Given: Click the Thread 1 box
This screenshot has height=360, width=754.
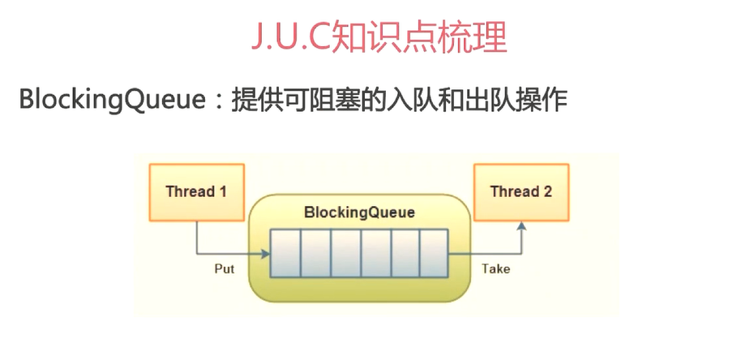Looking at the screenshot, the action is coord(197,192).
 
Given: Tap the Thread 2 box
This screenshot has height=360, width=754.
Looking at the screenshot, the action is coord(521,192).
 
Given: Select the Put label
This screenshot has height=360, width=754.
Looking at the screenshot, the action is coord(224,268).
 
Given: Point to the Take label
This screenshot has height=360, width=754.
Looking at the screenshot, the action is coord(495,268).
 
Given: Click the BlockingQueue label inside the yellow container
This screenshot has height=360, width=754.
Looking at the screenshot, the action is coord(359,212).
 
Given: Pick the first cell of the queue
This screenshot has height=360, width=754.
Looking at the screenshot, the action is coord(285,253).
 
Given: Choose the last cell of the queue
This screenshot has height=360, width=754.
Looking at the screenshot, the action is coord(434,253).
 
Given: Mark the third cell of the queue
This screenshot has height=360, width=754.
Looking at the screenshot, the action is coord(345,253).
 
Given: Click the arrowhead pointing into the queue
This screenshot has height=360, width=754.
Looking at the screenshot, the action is coord(265,254).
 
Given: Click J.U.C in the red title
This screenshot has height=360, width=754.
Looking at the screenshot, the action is coord(290,38).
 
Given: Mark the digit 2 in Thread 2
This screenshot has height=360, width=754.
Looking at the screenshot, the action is coord(548,192).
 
